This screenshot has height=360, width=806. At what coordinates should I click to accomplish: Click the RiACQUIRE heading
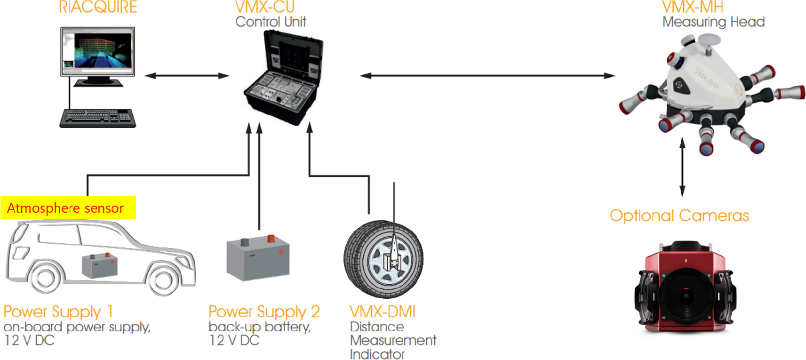[98, 7]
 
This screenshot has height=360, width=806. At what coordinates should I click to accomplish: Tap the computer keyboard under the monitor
[97, 118]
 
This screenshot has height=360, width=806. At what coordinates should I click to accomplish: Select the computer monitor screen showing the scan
[97, 51]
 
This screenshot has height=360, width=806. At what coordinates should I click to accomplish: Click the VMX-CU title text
[265, 7]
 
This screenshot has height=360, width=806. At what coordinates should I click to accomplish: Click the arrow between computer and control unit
[187, 76]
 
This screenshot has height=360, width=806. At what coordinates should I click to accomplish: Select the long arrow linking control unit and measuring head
[487, 76]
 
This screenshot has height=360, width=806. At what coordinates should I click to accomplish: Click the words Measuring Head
[713, 22]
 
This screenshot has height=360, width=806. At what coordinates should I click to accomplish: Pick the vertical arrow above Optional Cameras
[682, 167]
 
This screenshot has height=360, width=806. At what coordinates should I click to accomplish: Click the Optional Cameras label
[679, 216]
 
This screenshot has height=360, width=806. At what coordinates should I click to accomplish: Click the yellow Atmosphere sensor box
[68, 208]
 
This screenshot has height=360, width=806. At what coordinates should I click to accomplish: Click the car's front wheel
[163, 280]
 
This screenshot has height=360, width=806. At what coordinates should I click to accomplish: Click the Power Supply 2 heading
[264, 312]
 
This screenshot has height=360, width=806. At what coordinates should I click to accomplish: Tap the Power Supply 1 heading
[58, 312]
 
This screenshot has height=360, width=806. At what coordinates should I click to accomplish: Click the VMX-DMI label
[383, 312]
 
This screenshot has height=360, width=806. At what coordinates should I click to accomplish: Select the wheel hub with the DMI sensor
[389, 260]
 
